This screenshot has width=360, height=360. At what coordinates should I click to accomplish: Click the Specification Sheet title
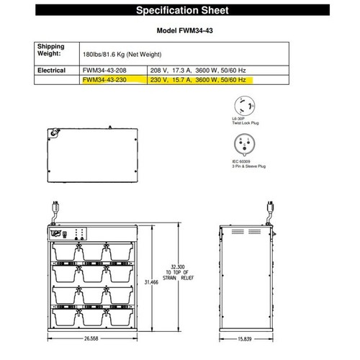coord(180,11)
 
